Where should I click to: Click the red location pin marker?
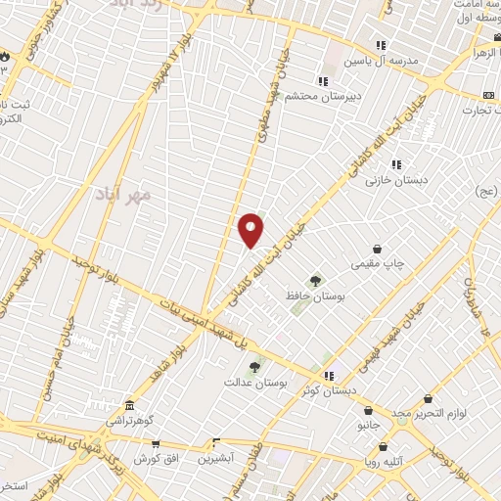pyautogui.click(x=251, y=229)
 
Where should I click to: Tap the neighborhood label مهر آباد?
pyautogui.click(x=125, y=195)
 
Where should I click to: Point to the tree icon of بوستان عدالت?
pyautogui.click(x=255, y=367)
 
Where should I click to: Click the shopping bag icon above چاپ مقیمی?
pyautogui.click(x=377, y=249)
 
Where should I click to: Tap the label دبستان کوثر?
pyautogui.click(x=357, y=390)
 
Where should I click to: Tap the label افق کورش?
pyautogui.click(x=154, y=458)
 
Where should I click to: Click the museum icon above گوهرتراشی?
pyautogui.click(x=128, y=406)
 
